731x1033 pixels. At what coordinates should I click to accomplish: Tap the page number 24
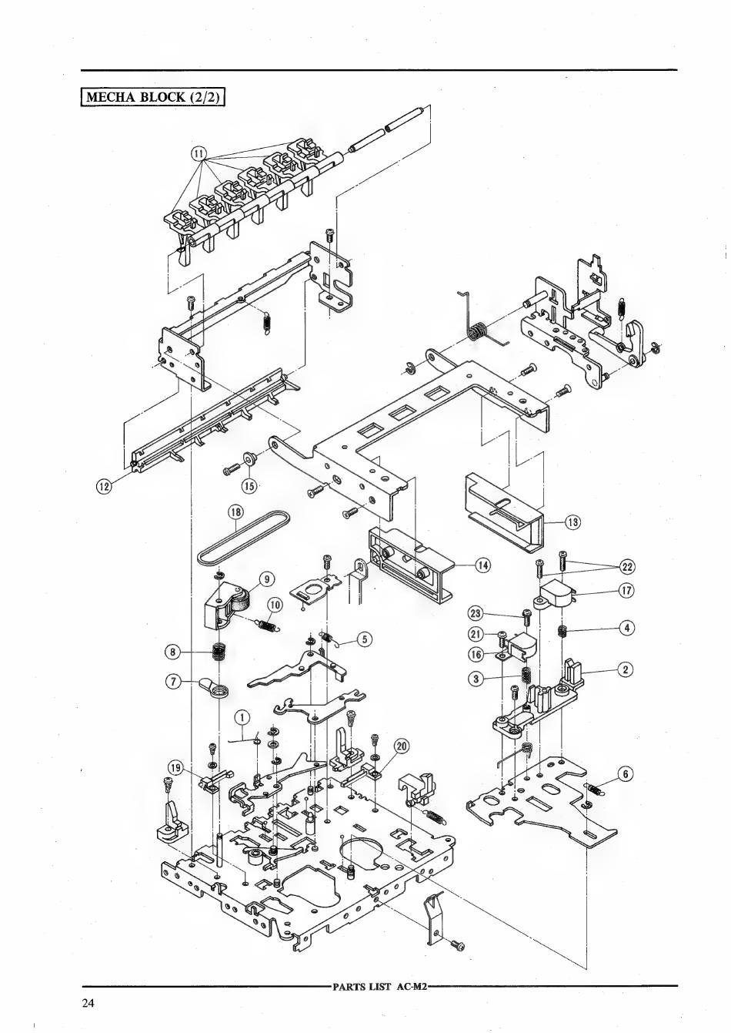[86, 1003]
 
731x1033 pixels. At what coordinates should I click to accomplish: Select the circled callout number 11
[199, 153]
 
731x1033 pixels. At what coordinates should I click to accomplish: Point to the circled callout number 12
[104, 485]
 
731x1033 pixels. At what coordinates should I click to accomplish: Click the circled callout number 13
[572, 522]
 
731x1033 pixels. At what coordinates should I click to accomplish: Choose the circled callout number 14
[482, 565]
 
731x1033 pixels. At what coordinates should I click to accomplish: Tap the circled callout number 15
[249, 485]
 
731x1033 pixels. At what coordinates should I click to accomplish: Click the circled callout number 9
[266, 579]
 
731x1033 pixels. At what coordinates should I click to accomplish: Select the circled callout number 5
[365, 638]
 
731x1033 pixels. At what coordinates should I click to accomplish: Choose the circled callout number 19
[176, 767]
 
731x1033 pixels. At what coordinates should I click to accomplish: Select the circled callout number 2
[626, 669]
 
